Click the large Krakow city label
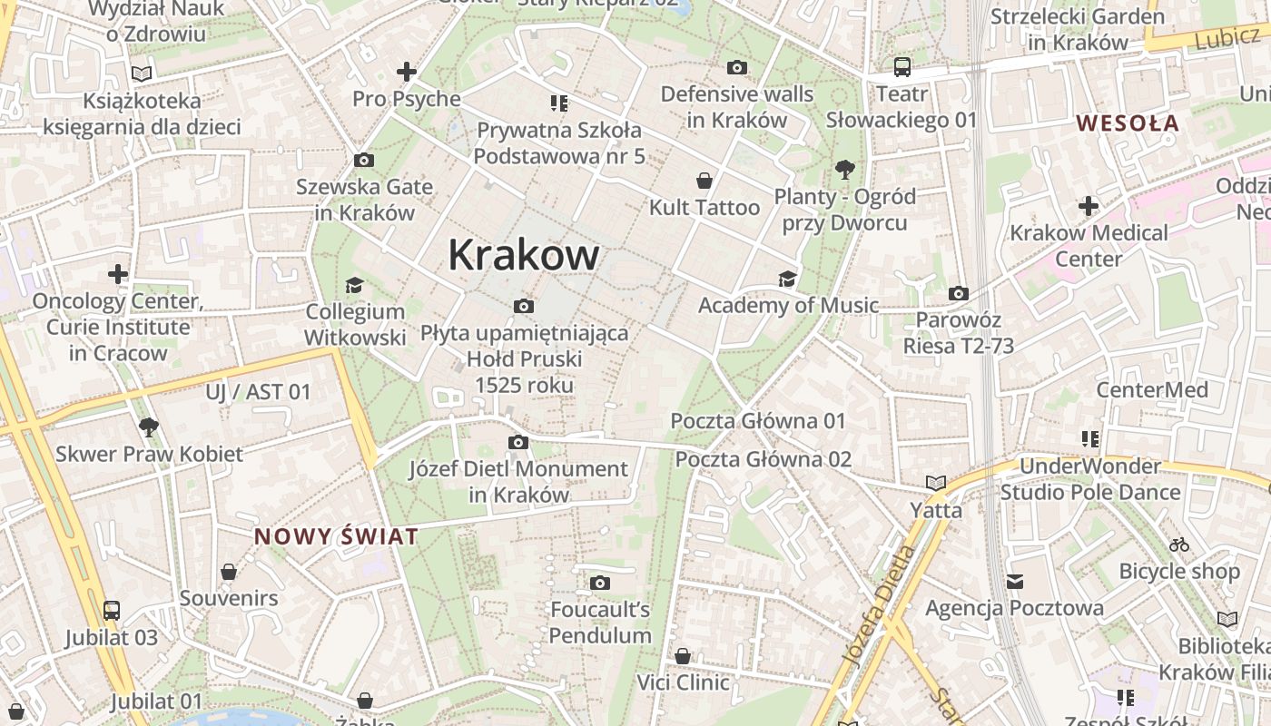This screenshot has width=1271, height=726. click(x=524, y=255)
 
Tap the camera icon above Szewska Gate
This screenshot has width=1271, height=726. click(x=364, y=161)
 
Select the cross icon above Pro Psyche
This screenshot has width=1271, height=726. click(x=407, y=72)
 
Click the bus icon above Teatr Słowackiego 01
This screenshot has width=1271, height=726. click(x=902, y=66)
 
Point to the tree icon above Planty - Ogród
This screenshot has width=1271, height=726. click(x=845, y=169)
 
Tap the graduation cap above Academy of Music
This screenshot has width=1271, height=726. click(x=787, y=279)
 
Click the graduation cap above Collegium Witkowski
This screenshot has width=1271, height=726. click(x=354, y=285)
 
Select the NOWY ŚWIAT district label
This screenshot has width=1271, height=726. click(x=337, y=536)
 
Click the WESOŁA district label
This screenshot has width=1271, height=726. click(x=1128, y=123)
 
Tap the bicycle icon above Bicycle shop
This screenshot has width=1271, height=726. click(x=1179, y=544)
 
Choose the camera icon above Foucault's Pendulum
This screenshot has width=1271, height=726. click(x=600, y=583)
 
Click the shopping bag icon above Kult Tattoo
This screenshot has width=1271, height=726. click(x=704, y=181)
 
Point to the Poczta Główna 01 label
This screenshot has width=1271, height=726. click(x=758, y=421)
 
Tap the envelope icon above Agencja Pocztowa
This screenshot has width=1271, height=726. click(x=1015, y=581)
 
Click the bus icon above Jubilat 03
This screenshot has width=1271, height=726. click(x=112, y=611)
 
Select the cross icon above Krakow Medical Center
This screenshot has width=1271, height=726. click(x=1089, y=206)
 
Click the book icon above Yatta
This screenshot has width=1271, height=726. click(x=936, y=483)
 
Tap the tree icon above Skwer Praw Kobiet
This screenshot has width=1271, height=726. click(x=149, y=427)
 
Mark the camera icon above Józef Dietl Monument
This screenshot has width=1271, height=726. click(x=518, y=443)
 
